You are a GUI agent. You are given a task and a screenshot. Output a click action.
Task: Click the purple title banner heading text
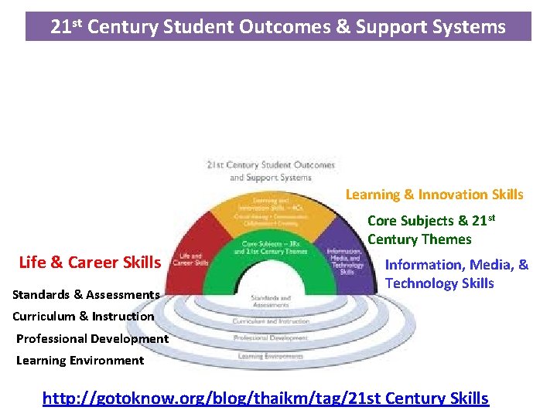278,27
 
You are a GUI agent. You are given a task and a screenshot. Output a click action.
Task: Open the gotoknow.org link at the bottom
265,398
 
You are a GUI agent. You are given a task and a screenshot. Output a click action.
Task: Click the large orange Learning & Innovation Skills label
434,195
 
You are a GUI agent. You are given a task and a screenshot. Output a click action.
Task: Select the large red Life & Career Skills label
90,262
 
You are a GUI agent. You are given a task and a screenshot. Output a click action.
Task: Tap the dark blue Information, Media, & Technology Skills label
456,274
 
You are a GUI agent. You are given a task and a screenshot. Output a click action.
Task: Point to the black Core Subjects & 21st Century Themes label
430,229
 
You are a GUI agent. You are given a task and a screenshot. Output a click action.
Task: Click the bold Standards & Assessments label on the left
86,294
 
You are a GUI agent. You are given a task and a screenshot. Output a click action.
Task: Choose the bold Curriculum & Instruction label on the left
83,316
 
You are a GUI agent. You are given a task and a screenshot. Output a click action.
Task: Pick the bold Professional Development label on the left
92,338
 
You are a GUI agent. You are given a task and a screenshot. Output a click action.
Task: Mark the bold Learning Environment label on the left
80,361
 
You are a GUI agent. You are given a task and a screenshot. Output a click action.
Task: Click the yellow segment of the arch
270,213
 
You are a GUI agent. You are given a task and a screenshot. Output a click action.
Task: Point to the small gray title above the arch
270,171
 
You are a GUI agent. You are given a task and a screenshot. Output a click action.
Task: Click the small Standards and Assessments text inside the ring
270,302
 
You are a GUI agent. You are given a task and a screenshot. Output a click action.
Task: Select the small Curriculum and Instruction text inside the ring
270,321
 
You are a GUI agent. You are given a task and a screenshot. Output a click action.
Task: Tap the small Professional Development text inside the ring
270,338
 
